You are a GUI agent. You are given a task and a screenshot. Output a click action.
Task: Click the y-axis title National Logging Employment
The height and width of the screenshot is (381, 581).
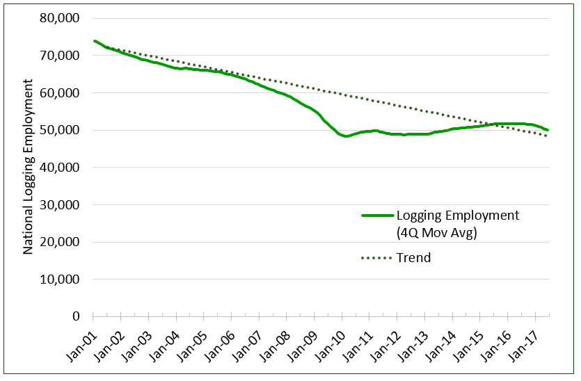click(x=29, y=167)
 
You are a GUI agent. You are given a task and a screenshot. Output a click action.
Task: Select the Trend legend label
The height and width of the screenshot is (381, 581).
click(x=413, y=258)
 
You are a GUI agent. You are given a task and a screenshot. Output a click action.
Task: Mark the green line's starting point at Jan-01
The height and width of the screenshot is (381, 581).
click(x=95, y=41)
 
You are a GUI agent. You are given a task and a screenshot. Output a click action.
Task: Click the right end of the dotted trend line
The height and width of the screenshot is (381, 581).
click(x=547, y=136)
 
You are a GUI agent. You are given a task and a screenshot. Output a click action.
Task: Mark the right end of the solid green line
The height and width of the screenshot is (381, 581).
click(x=548, y=130)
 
